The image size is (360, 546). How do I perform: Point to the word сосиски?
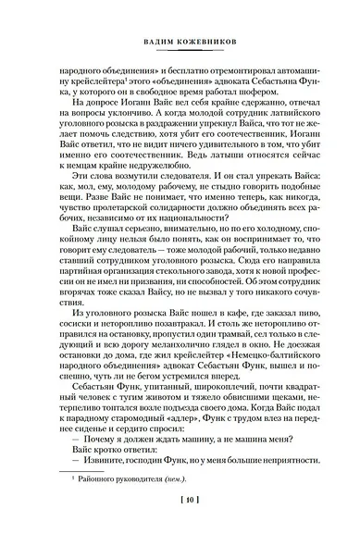pos(81,352)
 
